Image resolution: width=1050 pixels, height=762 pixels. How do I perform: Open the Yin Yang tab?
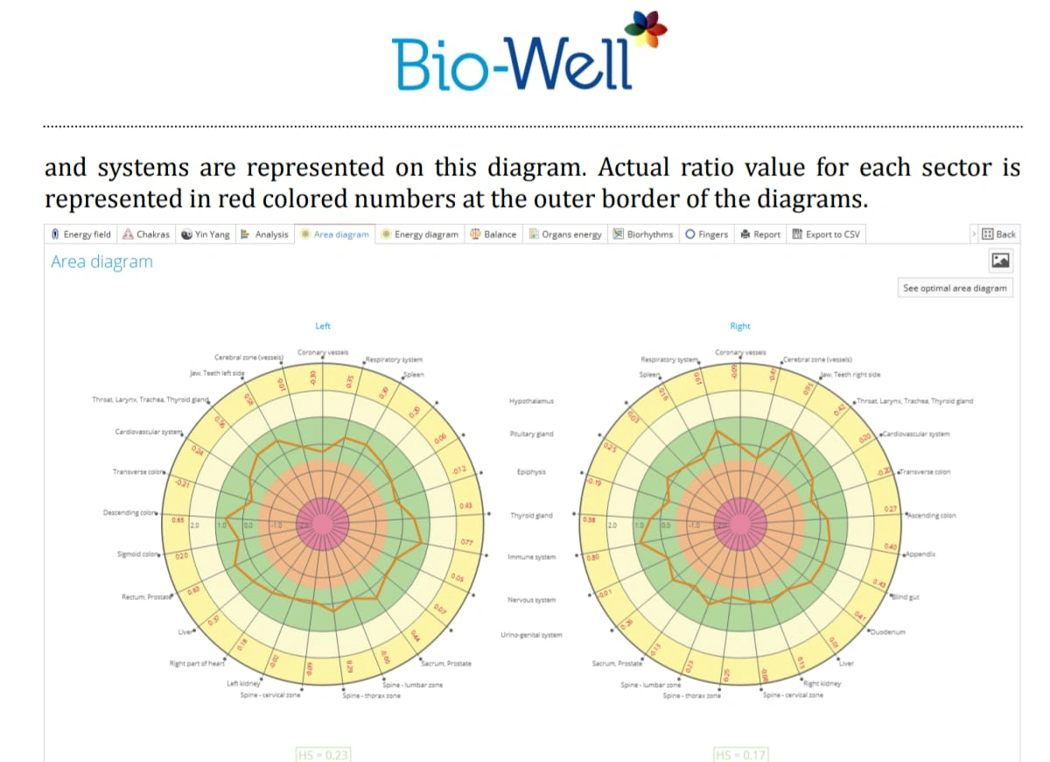(206, 234)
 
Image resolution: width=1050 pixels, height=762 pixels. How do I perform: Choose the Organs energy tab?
(567, 234)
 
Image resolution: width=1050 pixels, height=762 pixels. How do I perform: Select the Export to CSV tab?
(826, 234)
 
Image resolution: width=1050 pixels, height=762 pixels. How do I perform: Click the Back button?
(999, 234)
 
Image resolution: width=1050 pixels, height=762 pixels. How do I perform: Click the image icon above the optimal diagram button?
(1000, 260)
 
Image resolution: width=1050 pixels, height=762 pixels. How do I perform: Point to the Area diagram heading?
(101, 261)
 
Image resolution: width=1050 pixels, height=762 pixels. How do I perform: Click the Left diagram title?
(323, 326)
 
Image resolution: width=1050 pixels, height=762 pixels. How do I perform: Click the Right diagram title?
(740, 326)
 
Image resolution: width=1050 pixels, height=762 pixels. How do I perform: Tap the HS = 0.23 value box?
(324, 753)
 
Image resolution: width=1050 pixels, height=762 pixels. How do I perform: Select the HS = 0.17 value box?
(740, 753)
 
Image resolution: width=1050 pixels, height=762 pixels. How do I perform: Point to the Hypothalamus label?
(531, 401)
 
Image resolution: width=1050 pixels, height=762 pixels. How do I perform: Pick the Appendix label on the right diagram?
(921, 554)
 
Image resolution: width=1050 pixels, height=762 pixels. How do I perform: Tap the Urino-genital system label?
(531, 635)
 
